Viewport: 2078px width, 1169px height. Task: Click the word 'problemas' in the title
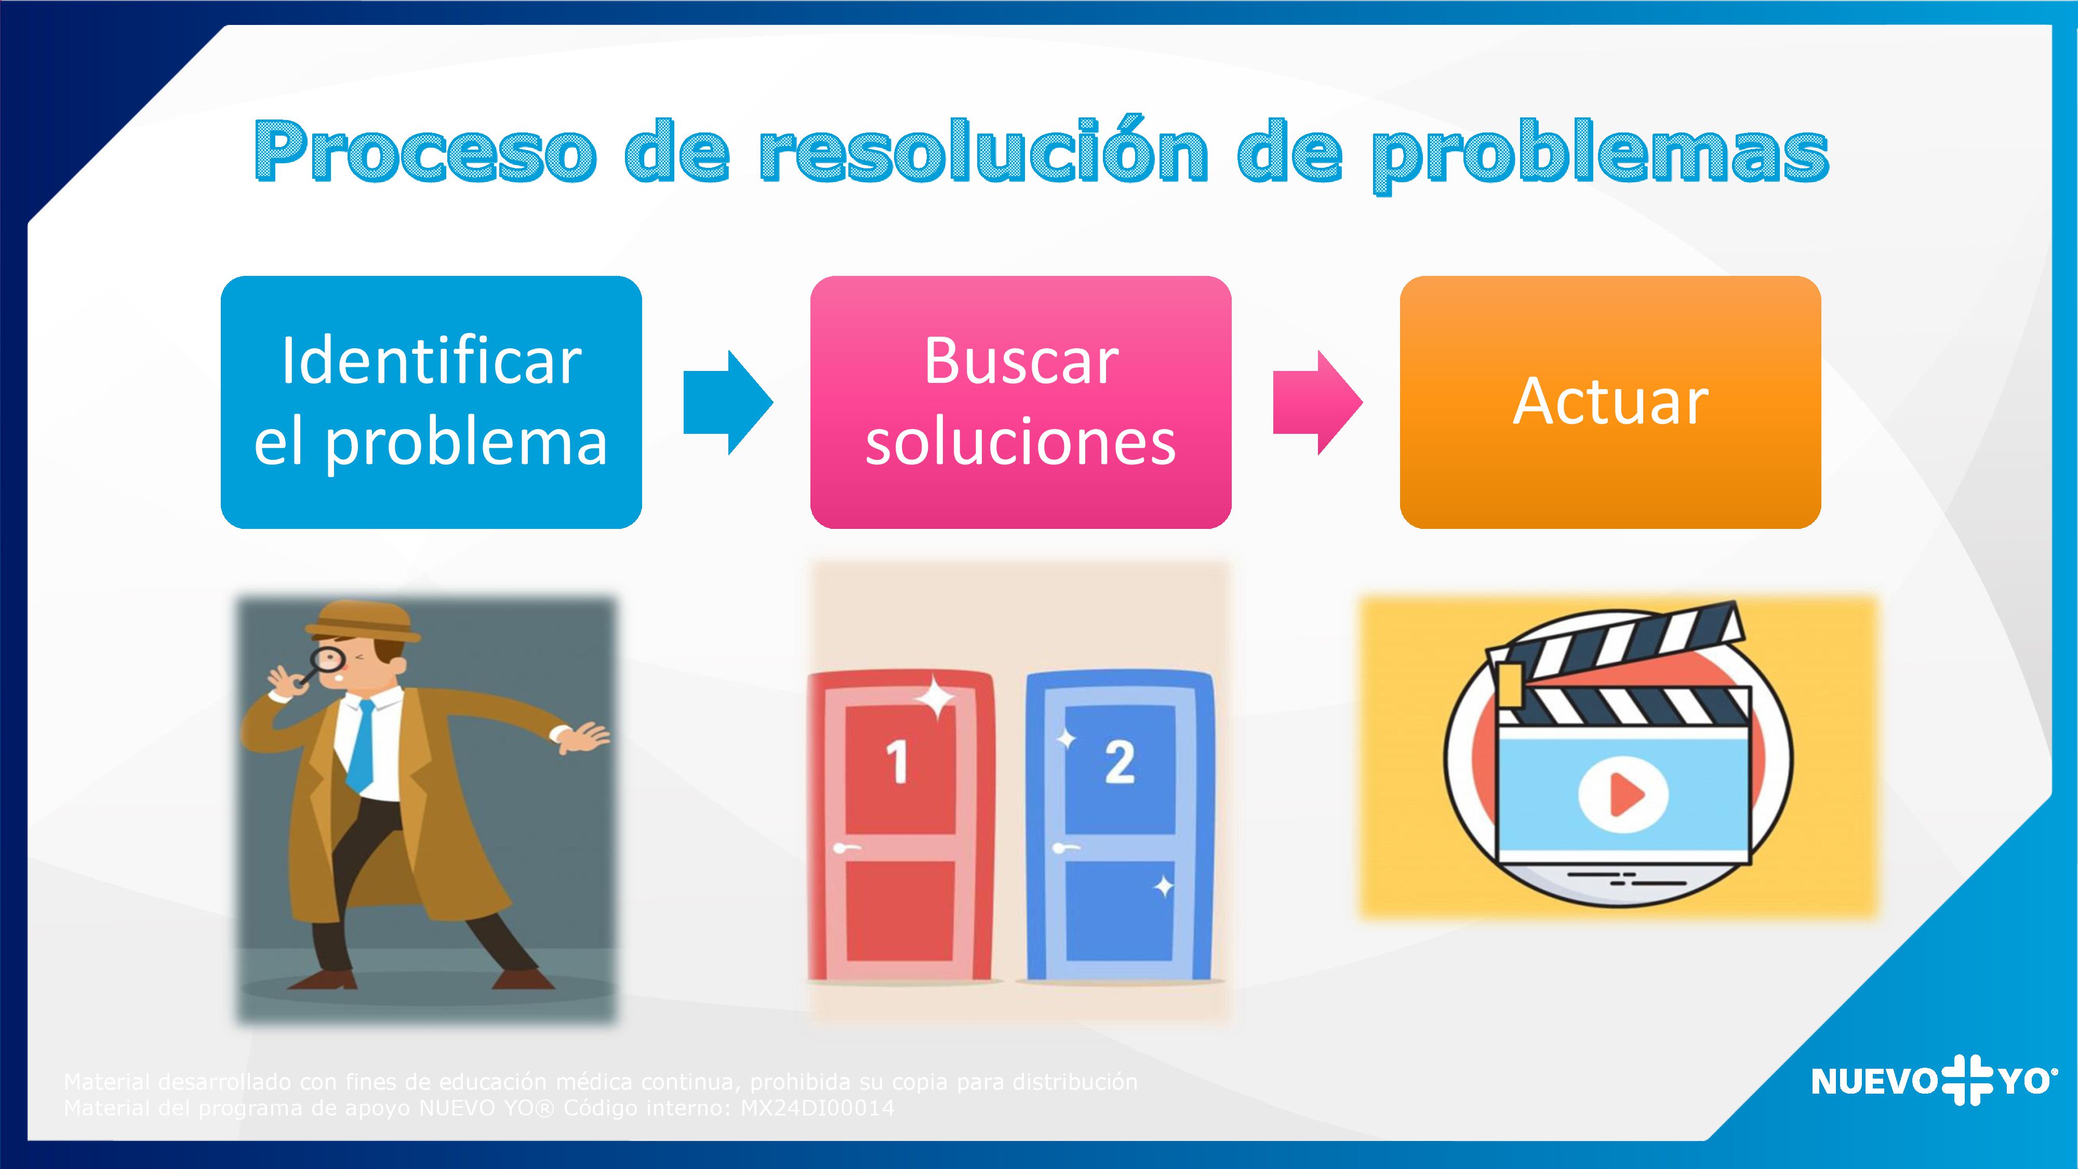click(1601, 155)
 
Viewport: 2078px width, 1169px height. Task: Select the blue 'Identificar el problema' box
click(431, 402)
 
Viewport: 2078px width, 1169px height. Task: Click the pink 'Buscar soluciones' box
click(1020, 402)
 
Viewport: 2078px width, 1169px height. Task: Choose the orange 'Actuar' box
click(1610, 402)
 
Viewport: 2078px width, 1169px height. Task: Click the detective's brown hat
click(363, 621)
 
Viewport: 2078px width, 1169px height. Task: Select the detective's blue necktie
click(362, 746)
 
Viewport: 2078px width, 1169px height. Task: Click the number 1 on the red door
click(897, 762)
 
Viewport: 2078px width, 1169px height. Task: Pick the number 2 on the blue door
click(1120, 762)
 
